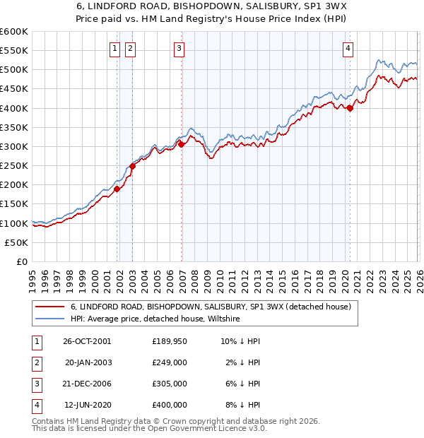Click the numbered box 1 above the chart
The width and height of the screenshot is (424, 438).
[114, 48]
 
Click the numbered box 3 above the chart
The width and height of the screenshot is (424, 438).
[179, 48]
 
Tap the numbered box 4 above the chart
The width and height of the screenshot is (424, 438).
[348, 48]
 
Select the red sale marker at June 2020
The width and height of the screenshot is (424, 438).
[350, 108]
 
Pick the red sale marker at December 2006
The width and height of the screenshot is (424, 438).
[182, 144]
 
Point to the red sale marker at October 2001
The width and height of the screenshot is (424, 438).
[117, 188]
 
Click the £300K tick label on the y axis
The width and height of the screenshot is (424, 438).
[14, 146]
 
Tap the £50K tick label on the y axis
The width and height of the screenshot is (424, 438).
[17, 242]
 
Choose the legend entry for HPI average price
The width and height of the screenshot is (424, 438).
[155, 319]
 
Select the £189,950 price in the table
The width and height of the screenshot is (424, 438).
[170, 341]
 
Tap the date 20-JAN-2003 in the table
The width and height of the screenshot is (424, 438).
[88, 362]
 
